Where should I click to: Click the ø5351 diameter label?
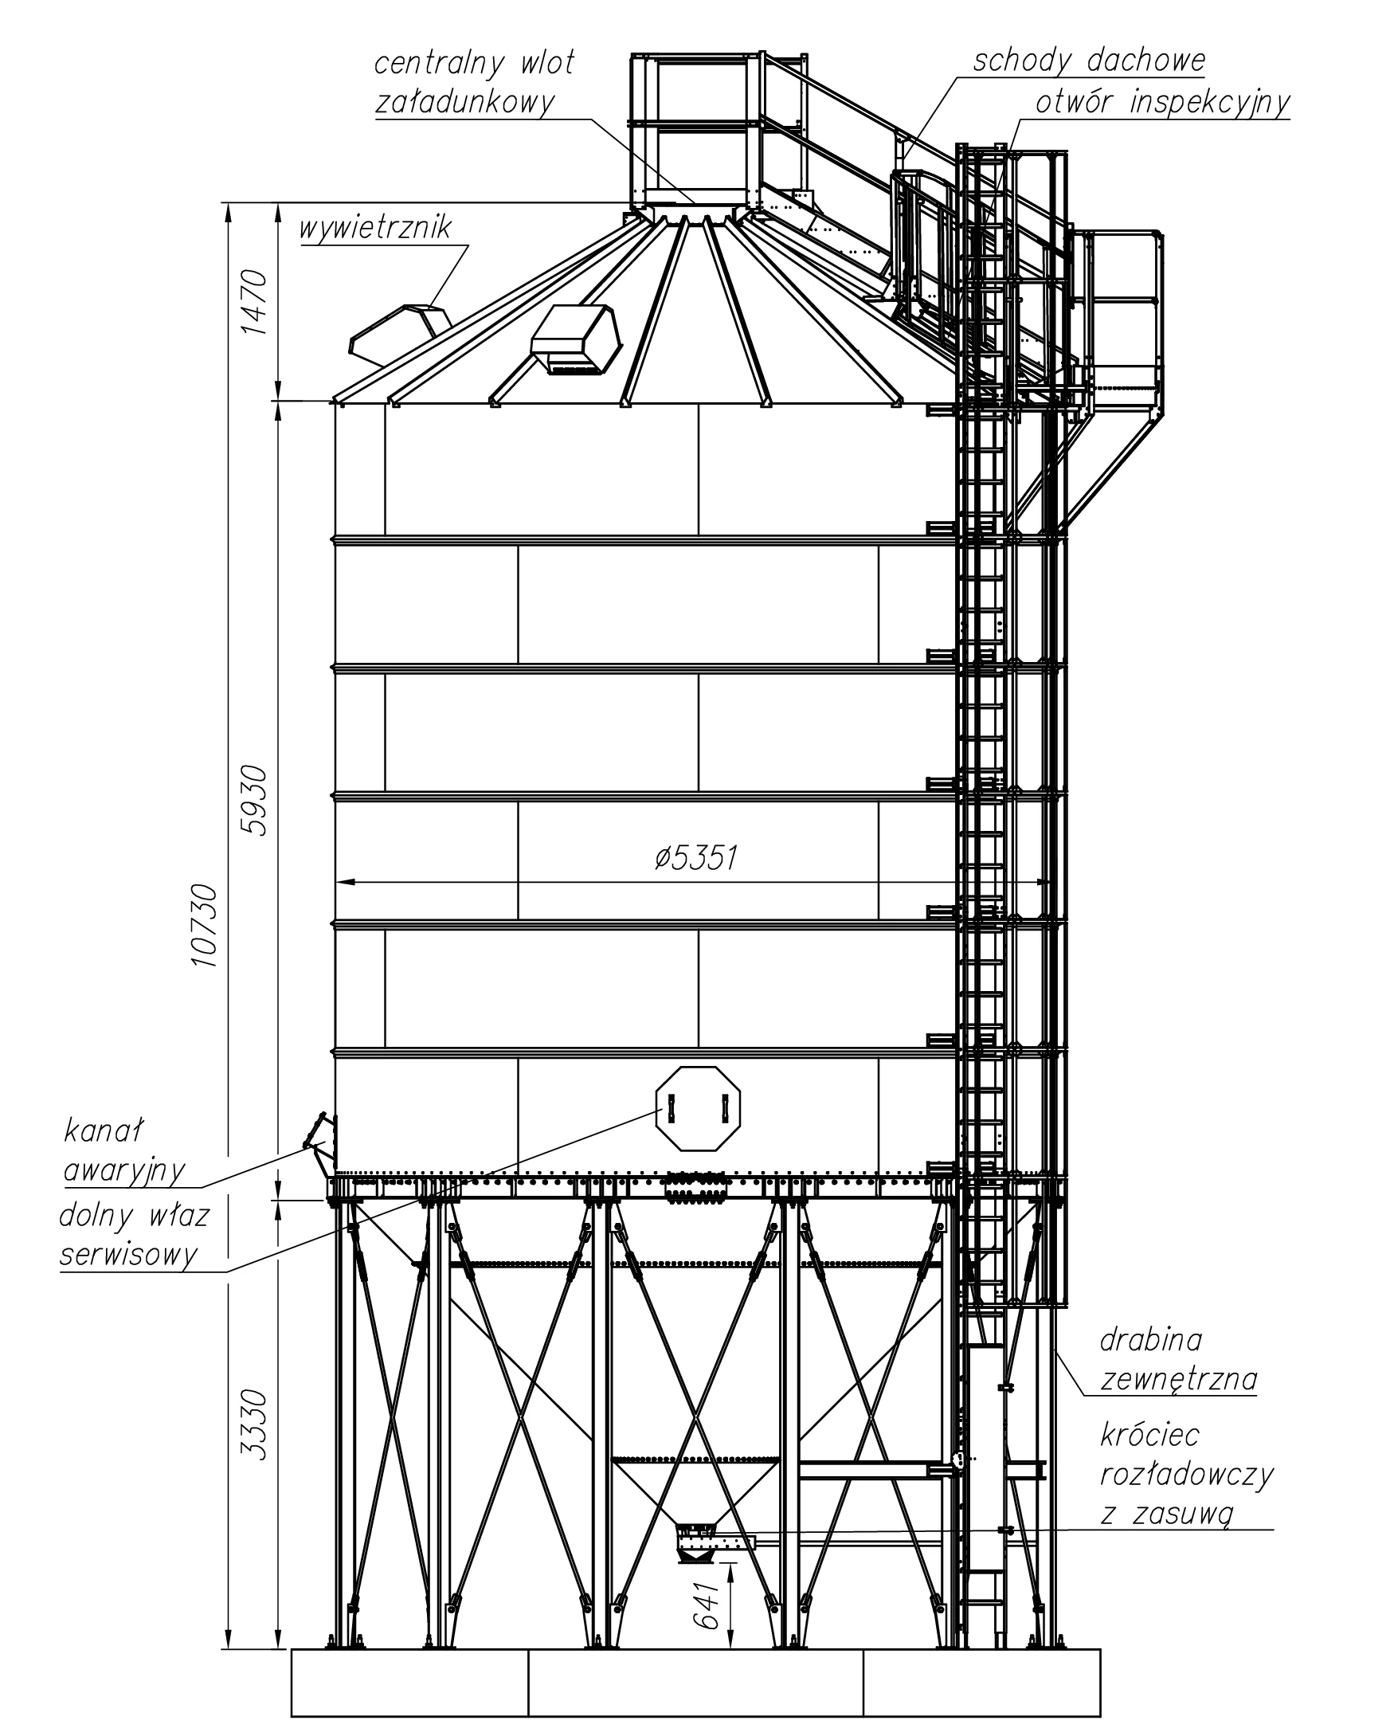[x=695, y=858]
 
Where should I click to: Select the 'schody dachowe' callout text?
[x=1089, y=61]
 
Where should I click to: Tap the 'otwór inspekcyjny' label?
[x=1163, y=104]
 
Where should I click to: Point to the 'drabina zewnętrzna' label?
[x=1178, y=1358]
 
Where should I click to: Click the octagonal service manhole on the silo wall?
[x=698, y=1109]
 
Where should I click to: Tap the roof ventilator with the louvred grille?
[x=576, y=339]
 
